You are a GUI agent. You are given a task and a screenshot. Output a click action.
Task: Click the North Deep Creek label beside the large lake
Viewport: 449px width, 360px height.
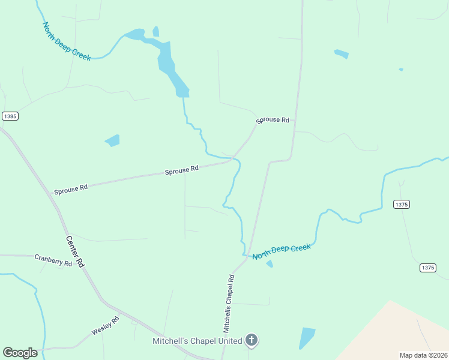(66, 41)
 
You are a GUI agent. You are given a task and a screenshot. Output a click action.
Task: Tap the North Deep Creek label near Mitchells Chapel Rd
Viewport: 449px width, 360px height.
(282, 251)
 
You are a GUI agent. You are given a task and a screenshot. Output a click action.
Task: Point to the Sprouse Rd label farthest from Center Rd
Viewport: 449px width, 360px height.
(273, 120)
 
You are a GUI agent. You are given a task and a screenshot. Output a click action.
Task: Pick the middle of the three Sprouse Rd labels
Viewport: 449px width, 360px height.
(182, 170)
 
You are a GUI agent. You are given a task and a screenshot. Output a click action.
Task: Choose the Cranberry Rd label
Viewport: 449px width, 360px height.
(53, 260)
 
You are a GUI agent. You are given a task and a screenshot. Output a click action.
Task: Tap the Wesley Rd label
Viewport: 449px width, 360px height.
(106, 326)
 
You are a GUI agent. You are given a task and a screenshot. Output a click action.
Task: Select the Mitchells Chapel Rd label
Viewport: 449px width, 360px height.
(229, 304)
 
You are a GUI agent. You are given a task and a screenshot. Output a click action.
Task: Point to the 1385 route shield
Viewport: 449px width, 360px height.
(10, 116)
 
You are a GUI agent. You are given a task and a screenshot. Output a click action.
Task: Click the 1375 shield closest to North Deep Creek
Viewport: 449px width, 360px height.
(402, 205)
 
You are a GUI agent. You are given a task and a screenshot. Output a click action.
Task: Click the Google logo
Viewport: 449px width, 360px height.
(20, 352)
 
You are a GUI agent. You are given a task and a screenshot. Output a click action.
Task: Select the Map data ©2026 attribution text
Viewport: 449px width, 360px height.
(423, 355)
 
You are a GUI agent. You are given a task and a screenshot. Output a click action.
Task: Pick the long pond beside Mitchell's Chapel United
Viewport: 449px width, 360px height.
(307, 338)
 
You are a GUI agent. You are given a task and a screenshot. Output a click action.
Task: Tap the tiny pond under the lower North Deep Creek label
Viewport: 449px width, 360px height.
(270, 263)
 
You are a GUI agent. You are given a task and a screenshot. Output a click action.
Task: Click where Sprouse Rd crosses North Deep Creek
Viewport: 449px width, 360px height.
(233, 160)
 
